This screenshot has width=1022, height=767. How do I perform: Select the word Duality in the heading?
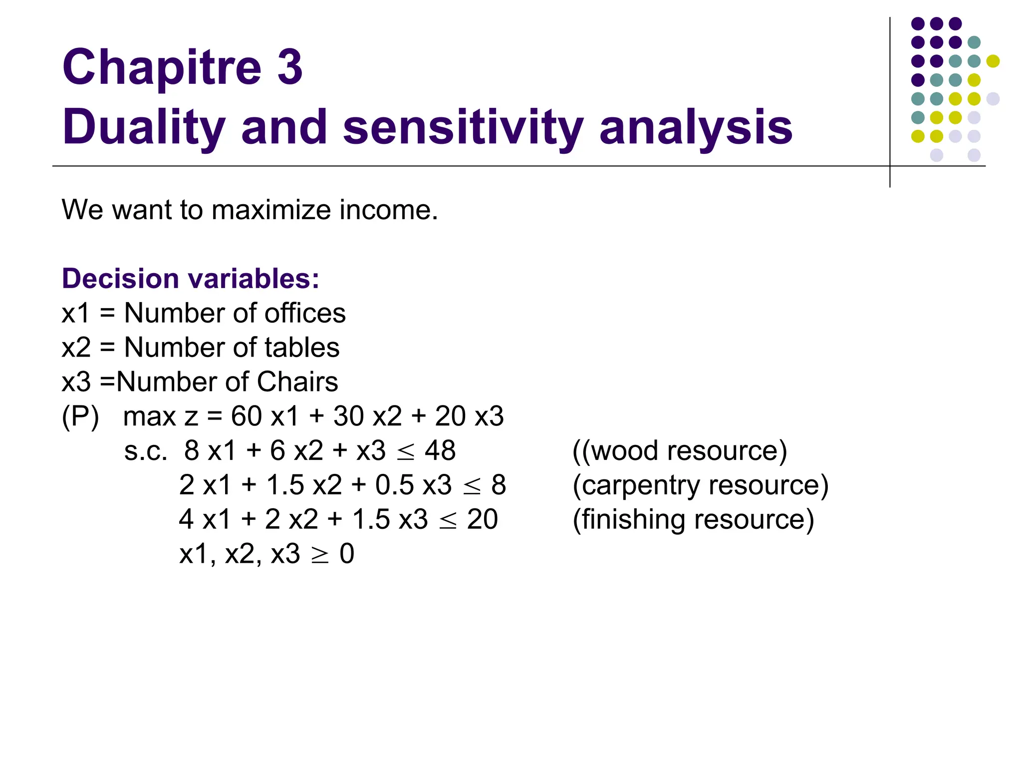point(144,128)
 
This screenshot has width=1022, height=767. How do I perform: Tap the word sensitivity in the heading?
point(463,128)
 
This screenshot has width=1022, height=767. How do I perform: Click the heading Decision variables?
point(190,279)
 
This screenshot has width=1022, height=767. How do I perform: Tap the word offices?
point(305,314)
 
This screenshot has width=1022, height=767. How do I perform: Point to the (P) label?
point(80,416)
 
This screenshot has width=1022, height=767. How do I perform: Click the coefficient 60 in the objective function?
point(246,416)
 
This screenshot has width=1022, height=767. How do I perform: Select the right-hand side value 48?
point(440,451)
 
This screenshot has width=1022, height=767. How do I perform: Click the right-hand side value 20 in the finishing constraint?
point(482,519)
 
